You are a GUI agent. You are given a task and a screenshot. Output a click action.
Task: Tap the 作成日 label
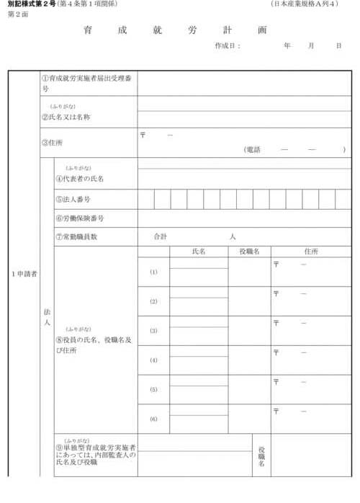227,46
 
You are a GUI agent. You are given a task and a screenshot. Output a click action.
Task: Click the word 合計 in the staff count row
161,236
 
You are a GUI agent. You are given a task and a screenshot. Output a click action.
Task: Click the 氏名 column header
199,251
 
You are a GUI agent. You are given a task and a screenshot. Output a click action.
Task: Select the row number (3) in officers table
153,331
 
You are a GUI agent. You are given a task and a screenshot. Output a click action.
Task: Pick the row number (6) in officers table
153,419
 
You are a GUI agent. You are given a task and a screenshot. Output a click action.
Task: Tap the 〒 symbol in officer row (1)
276,264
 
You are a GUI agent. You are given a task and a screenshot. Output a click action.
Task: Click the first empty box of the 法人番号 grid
145,199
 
